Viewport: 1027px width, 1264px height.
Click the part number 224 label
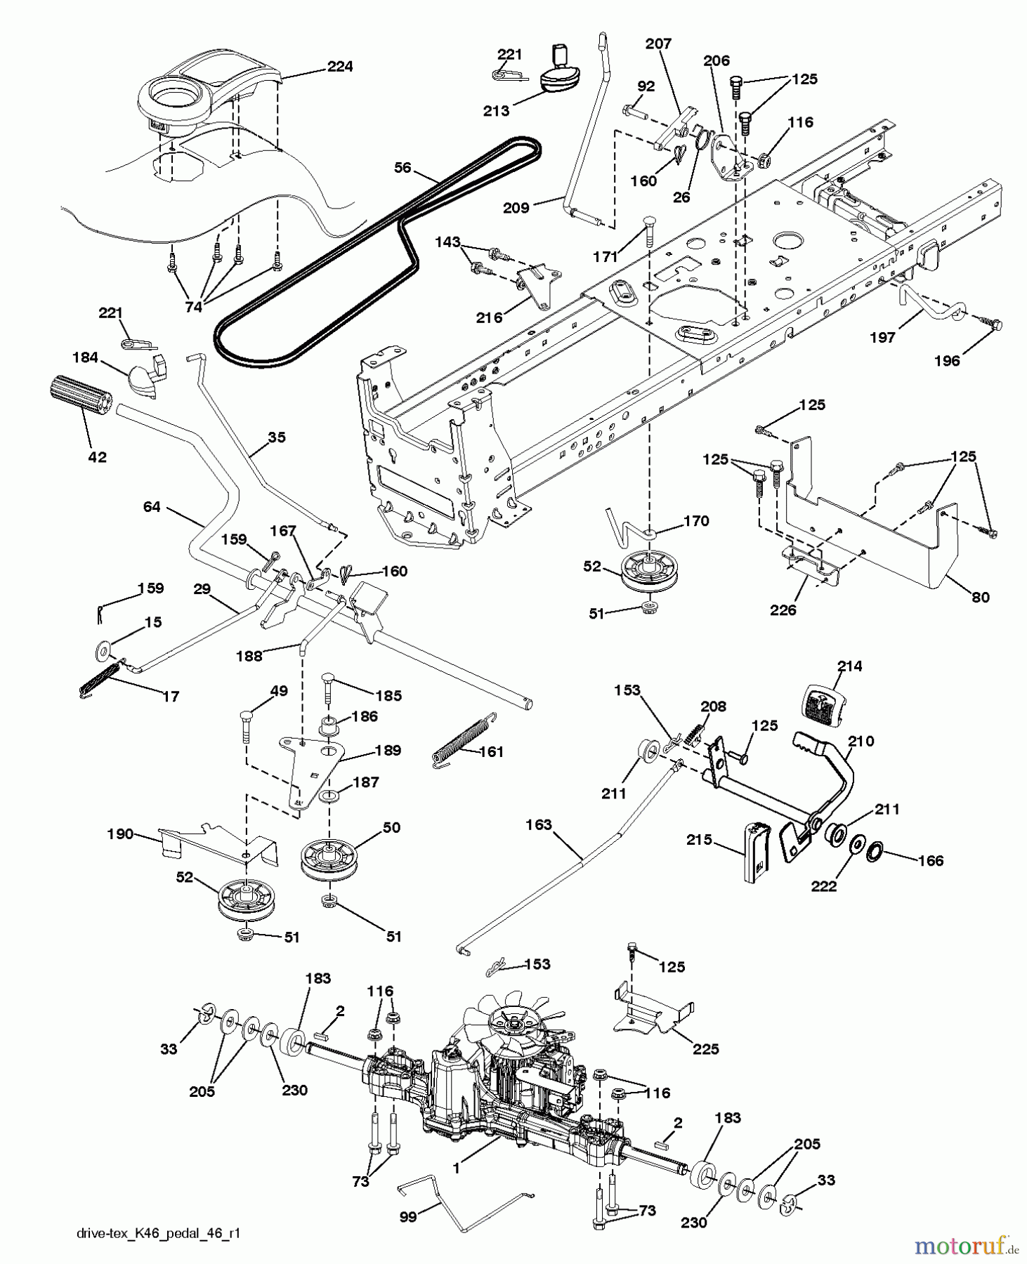point(339,67)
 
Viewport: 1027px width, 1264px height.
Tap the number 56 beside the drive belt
point(403,169)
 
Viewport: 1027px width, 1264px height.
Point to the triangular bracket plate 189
point(310,769)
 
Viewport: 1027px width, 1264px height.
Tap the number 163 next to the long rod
point(538,825)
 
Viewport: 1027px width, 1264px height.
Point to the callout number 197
point(882,338)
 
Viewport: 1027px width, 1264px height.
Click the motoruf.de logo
point(967,1246)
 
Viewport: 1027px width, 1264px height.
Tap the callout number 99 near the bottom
point(407,1217)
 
